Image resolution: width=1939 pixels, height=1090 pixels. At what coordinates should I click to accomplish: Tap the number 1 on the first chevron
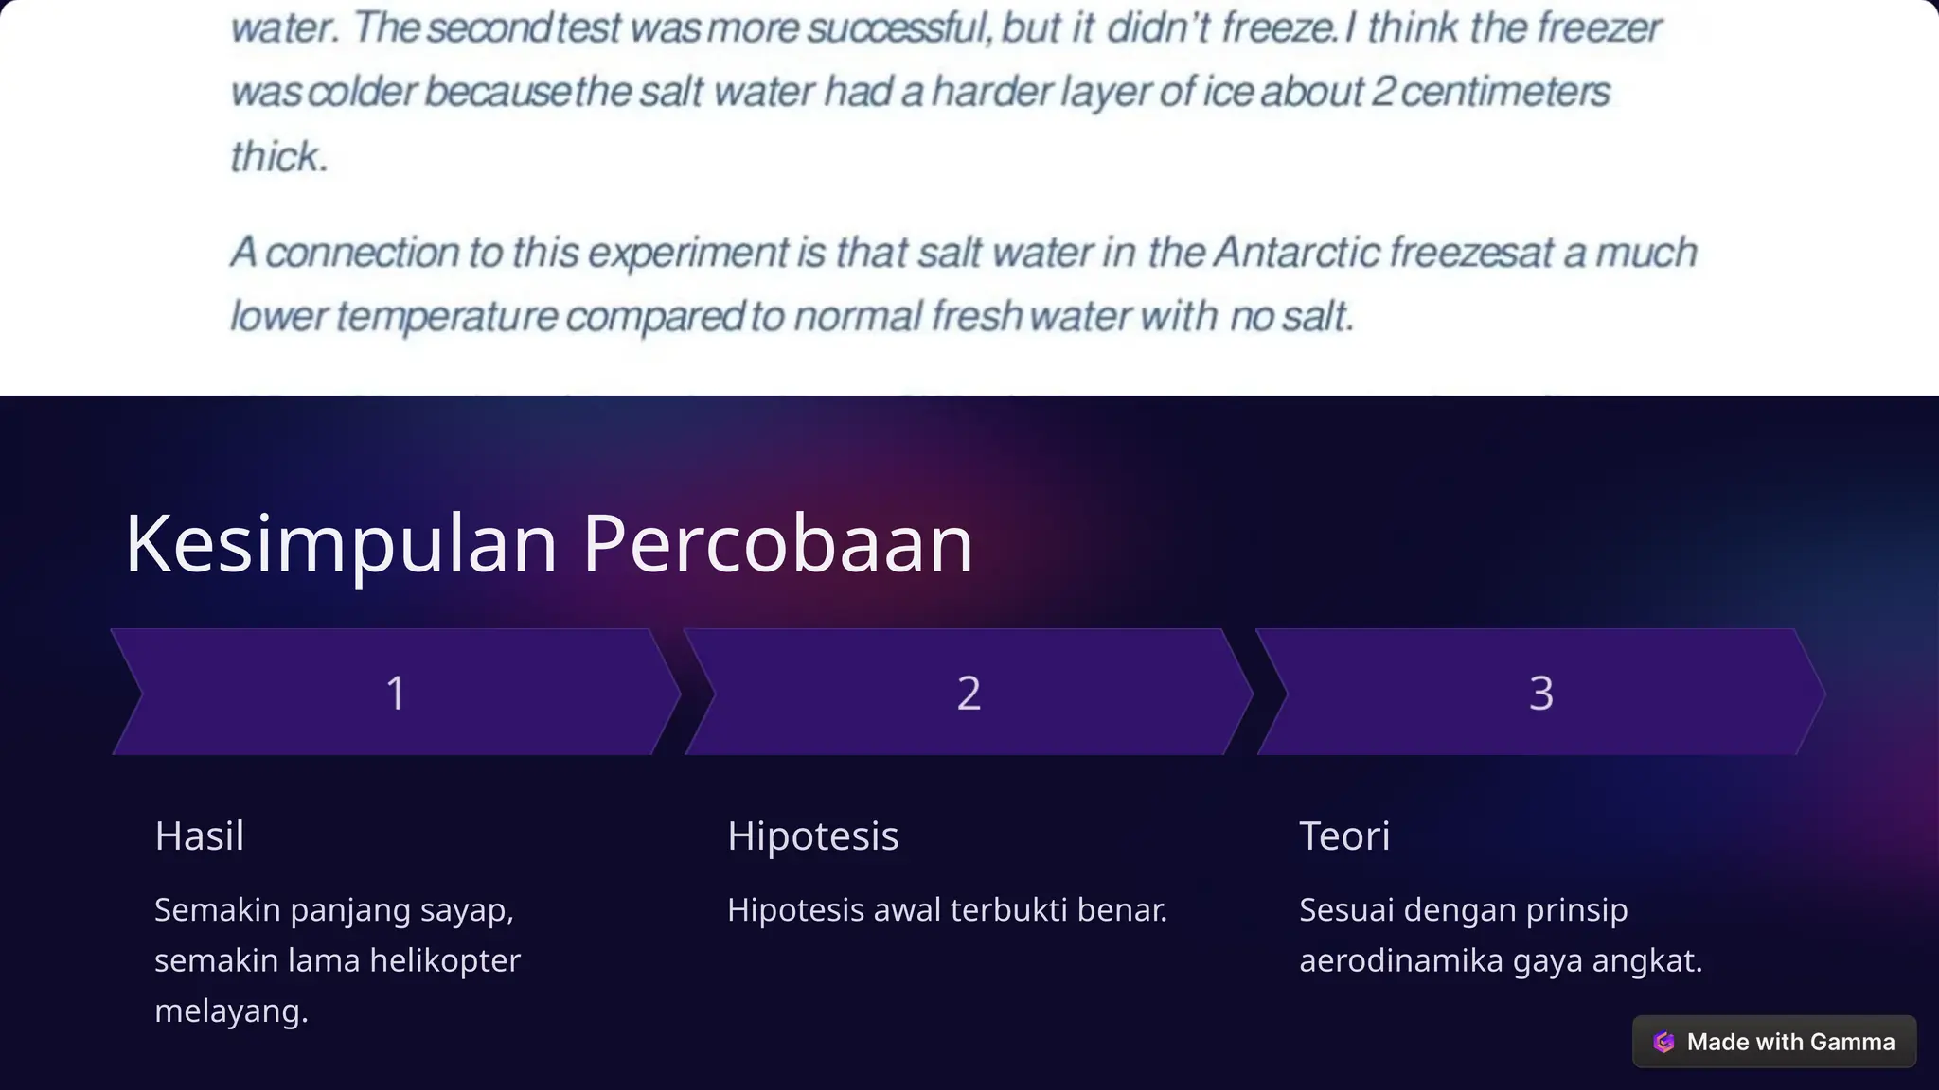tap(396, 693)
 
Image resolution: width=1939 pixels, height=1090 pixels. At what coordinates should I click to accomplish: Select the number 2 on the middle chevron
tap(969, 693)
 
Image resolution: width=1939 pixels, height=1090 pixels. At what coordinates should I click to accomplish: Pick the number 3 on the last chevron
tap(1540, 693)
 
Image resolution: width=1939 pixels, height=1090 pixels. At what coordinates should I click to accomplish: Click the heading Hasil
tap(200, 835)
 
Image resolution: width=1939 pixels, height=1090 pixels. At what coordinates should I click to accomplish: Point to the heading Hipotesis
tap(812, 835)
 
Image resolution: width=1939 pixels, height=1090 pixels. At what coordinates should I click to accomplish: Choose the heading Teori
tap(1344, 835)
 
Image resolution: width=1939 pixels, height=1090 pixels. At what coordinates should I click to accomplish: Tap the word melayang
tap(230, 1011)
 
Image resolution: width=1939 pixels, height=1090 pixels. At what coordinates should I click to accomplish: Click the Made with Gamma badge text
tap(1790, 1042)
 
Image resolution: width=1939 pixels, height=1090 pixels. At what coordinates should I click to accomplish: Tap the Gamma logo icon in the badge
tap(1663, 1042)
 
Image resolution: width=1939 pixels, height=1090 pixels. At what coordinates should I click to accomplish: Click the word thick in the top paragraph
tap(277, 157)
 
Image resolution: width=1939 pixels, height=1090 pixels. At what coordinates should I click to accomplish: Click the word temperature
tap(447, 316)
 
